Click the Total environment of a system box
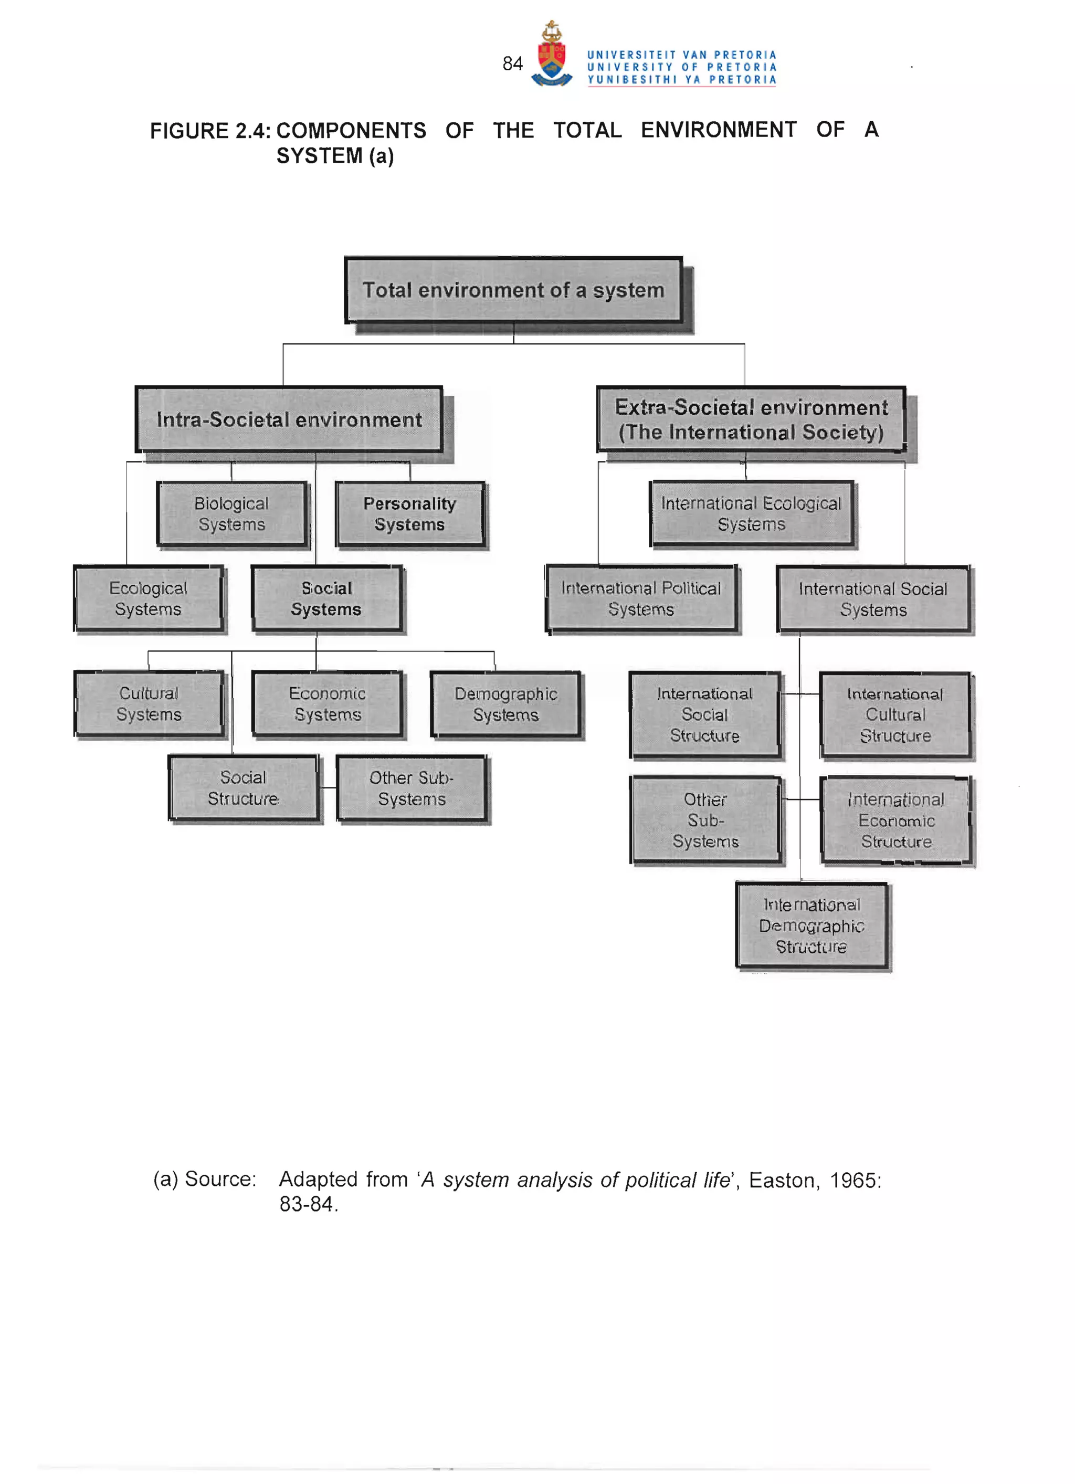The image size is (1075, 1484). click(x=514, y=290)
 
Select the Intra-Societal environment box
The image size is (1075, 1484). click(x=289, y=419)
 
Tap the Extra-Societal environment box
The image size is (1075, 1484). click(x=751, y=419)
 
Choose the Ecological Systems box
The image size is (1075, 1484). click(x=149, y=599)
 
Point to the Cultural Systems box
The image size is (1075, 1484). click(x=149, y=704)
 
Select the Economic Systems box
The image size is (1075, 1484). click(x=327, y=704)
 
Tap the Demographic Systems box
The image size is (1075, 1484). click(x=506, y=704)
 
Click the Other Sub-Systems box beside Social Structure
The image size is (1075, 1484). click(x=412, y=788)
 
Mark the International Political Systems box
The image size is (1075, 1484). click(x=641, y=599)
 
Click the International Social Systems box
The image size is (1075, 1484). click(x=873, y=599)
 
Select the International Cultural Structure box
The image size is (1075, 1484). click(x=895, y=714)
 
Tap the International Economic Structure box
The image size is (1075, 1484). click(x=895, y=820)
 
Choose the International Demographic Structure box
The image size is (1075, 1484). click(x=811, y=926)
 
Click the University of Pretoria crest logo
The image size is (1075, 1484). click(x=552, y=55)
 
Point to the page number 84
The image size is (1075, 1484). click(x=512, y=64)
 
